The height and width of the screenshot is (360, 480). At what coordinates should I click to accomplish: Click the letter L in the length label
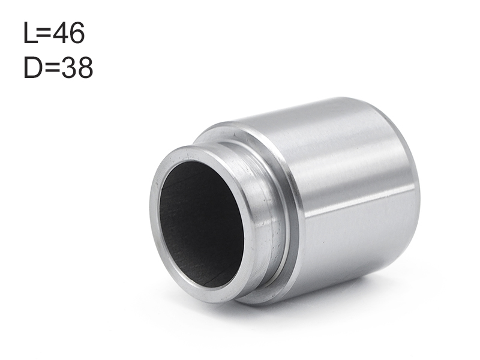30,33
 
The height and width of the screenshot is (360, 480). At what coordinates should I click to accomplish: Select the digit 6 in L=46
77,33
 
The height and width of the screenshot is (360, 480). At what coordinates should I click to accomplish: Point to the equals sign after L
44,33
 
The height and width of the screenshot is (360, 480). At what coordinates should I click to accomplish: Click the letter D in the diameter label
33,67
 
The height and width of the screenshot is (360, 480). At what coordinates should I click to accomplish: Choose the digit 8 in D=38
85,68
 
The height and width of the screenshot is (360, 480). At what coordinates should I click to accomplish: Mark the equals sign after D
52,68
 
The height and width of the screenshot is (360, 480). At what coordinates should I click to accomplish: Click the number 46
68,33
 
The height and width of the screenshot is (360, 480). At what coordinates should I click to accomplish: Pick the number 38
77,68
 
